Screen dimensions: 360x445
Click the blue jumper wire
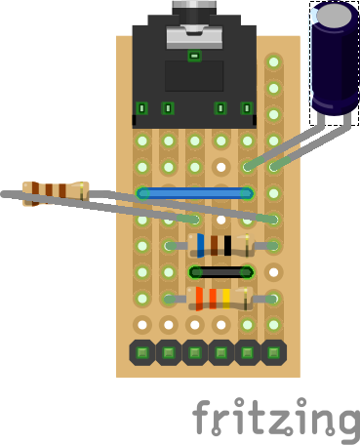[x=194, y=193]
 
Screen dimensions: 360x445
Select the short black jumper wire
[x=221, y=272]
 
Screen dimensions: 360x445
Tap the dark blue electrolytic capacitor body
[x=335, y=65]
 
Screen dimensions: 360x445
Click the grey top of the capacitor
[x=334, y=15]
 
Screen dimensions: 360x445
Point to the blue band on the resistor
[x=201, y=245]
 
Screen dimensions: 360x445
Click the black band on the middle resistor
[x=227, y=246]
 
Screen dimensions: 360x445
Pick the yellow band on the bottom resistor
[x=226, y=299]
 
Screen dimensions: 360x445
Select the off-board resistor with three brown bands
[x=56, y=194]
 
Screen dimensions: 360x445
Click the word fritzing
[x=276, y=418]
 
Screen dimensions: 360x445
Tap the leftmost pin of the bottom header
[x=142, y=352]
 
